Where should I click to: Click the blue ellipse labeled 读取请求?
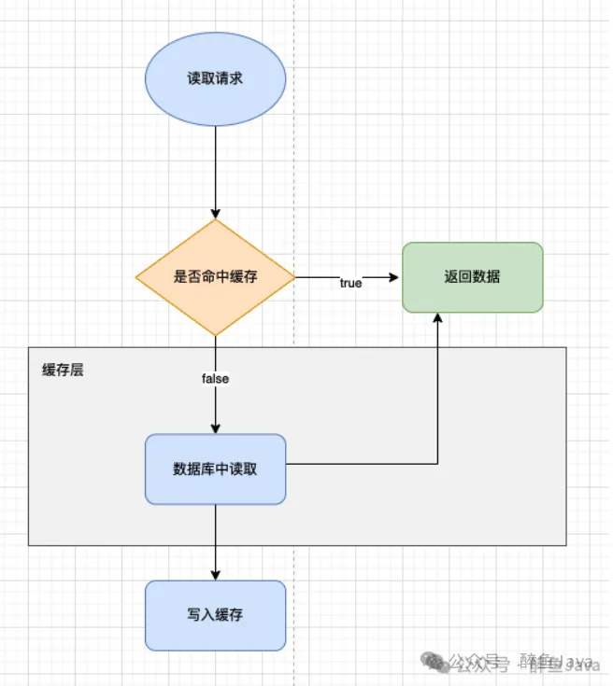[215, 79]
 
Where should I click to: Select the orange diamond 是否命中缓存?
[215, 277]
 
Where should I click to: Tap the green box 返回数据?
[472, 277]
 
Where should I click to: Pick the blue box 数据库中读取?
[215, 469]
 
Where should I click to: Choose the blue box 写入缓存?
[215, 615]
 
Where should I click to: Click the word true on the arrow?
[350, 284]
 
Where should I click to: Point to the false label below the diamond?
[215, 379]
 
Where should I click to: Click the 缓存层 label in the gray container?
[64, 370]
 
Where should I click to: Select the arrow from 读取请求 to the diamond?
[215, 168]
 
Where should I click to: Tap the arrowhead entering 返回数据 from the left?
[395, 277]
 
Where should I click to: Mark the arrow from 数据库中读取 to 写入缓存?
[215, 541]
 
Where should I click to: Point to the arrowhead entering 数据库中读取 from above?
[215, 427]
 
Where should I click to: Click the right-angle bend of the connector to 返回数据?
[437, 464]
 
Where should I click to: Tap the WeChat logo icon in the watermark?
[435, 662]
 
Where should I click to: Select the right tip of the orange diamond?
[294, 277]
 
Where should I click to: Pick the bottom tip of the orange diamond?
[215, 335]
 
